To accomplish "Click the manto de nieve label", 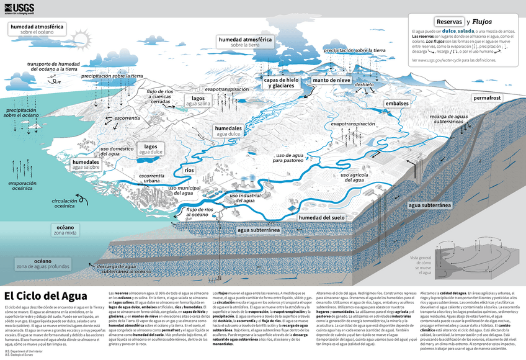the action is (x=332, y=80).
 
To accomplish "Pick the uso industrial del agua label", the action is (x=241, y=198).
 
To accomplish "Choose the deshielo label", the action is (x=364, y=84).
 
